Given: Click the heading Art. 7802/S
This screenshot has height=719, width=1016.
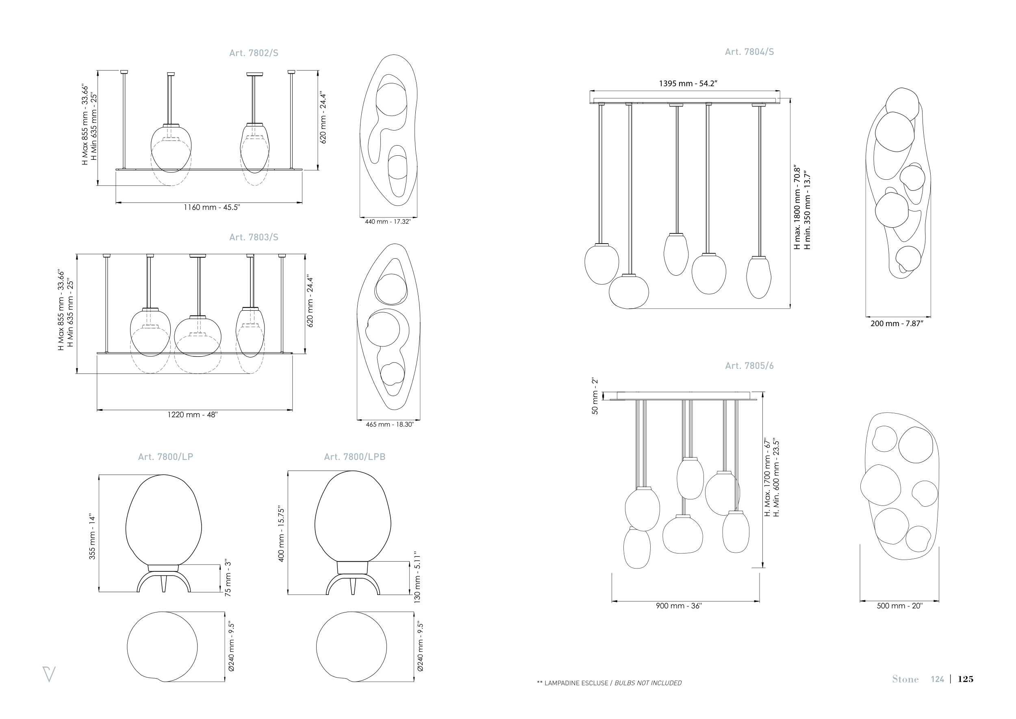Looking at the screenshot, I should pos(254,53).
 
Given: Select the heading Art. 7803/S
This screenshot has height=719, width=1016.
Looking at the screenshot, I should pos(254,237).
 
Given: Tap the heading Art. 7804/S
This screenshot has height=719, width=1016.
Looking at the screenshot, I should pos(749,52).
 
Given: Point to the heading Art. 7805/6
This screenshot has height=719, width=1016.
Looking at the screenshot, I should pos(749,366).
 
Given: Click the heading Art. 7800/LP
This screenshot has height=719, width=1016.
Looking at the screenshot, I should pos(165,457).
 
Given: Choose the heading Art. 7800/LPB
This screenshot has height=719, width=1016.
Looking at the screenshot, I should pos(354,457).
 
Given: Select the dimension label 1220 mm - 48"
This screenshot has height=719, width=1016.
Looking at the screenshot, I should pos(193,415).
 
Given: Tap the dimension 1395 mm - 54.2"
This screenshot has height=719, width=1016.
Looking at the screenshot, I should pos(688,83).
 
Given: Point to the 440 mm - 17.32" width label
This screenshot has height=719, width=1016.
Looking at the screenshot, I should pos(388,221).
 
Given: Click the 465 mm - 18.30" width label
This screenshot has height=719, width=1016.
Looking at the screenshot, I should pos(389,425).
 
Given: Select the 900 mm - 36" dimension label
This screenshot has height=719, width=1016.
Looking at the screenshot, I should pos(679,606).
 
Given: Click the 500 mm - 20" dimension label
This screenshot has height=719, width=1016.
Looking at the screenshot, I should pos(900,606).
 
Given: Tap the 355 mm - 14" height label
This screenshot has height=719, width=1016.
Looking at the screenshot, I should pos(93,536).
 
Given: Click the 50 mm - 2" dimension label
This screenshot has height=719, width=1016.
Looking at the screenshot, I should pos(595,396).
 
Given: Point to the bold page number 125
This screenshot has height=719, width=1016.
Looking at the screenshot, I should pos(966,679).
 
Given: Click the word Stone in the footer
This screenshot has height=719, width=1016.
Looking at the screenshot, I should pos(905,680).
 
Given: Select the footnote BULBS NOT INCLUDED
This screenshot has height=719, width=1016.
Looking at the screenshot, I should pos(648,683).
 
